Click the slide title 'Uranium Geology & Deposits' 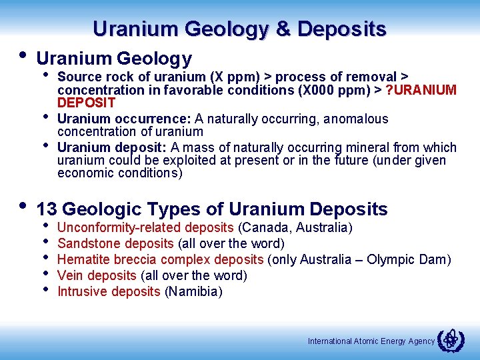(x=239, y=29)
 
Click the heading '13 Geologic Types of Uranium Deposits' (x=212, y=209)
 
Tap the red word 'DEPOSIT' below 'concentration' (x=86, y=103)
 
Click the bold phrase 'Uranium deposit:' (x=113, y=147)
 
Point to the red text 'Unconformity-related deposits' (x=145, y=228)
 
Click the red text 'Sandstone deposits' (x=115, y=244)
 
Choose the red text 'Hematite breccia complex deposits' (x=161, y=260)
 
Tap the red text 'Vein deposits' (x=97, y=276)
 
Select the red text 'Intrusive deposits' (x=109, y=292)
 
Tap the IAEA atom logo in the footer (x=449, y=340)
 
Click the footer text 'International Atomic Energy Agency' (x=371, y=341)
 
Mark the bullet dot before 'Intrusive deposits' (x=46, y=289)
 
